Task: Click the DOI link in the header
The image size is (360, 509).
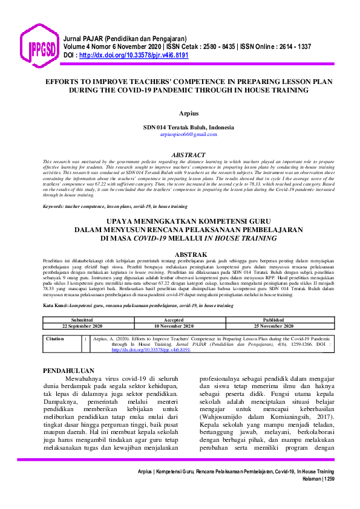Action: (134, 54)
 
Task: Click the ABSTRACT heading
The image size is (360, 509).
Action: (189, 155)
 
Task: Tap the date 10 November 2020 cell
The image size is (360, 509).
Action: (174, 325)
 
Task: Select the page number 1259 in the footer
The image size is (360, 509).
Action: (326, 478)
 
